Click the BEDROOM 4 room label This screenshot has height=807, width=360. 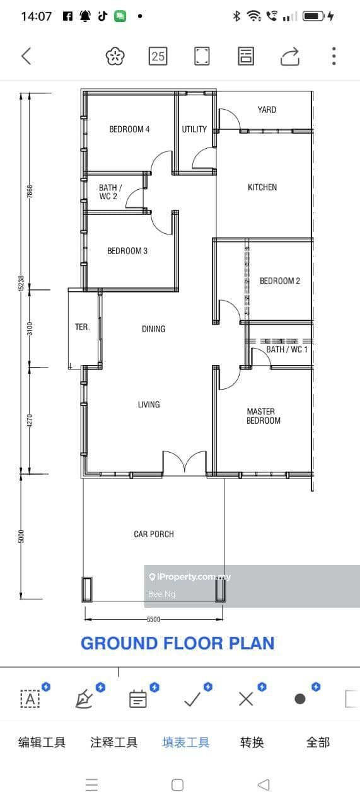(x=129, y=129)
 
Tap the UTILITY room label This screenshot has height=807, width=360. (x=194, y=129)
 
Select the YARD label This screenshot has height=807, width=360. (x=267, y=110)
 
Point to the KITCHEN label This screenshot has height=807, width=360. (x=262, y=187)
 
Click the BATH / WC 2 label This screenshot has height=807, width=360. (x=110, y=192)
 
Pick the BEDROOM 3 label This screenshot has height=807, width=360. (x=127, y=251)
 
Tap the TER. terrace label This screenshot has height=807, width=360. (x=82, y=327)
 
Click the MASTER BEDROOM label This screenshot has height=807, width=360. (x=264, y=415)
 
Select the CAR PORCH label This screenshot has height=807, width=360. (x=154, y=534)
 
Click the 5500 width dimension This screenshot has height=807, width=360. (x=153, y=619)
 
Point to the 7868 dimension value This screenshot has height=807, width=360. (x=30, y=191)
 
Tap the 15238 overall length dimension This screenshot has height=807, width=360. (x=21, y=283)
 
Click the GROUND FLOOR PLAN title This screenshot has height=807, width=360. (x=178, y=643)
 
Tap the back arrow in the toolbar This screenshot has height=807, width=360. (x=26, y=56)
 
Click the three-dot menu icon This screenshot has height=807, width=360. (x=334, y=56)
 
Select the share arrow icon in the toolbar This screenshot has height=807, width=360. (x=290, y=57)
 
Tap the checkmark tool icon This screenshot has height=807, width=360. (x=192, y=699)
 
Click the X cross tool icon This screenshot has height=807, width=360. (x=246, y=699)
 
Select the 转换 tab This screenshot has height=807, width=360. (x=252, y=742)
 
